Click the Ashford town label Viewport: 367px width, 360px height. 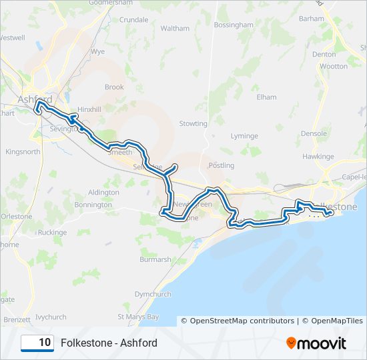pos(35,99)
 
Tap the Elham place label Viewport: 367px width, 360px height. pos(266,97)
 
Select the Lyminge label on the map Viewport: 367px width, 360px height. pos(244,136)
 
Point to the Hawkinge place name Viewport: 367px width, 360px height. pos(317,157)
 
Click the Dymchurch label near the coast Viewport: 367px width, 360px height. pos(153,294)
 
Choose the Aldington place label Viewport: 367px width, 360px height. pos(103,192)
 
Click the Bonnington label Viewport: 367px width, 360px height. pos(93,205)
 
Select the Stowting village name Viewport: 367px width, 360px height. pos(193,124)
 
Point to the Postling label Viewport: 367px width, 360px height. pos(221,165)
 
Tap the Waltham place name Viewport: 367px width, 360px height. pos(175,29)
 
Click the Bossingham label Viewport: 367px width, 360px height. pos(234,25)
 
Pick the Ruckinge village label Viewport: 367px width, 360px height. pos(52,233)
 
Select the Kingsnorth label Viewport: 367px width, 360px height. pos(23,152)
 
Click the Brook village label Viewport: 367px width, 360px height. pos(114,87)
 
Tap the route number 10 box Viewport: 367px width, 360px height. pos(37,343)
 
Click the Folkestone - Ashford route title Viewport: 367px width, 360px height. pos(109,343)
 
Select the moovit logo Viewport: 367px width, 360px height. pos(316,343)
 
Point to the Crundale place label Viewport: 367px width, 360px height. pos(133,20)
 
